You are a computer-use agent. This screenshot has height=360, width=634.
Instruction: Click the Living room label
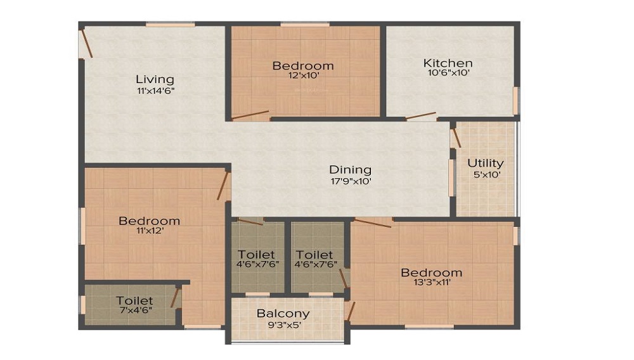[x=155, y=79]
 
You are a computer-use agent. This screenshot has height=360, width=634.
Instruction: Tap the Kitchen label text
[x=448, y=63]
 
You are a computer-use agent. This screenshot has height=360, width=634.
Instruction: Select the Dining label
[x=350, y=169]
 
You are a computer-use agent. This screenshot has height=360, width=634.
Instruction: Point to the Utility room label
[x=485, y=163]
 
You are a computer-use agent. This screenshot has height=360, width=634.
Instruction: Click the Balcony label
[x=283, y=313]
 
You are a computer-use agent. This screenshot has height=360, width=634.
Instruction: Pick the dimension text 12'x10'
[x=302, y=75]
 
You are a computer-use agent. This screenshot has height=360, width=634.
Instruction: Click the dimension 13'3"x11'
[x=431, y=283]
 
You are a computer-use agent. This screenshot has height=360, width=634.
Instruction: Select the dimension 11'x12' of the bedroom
[x=149, y=231]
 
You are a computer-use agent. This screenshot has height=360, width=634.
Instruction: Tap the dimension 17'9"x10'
[x=350, y=180]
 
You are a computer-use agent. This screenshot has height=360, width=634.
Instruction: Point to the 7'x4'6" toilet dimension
[x=134, y=310]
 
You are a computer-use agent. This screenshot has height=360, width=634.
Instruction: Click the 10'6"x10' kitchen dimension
[x=448, y=73]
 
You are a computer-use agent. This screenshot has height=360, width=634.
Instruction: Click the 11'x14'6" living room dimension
[x=155, y=90]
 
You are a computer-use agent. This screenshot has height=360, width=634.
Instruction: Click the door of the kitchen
[x=421, y=116]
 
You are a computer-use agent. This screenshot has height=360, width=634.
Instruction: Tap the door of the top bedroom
[x=250, y=115]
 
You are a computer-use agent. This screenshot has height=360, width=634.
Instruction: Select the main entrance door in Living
[x=86, y=44]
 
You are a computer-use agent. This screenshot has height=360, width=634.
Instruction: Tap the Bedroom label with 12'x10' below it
[x=302, y=65]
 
